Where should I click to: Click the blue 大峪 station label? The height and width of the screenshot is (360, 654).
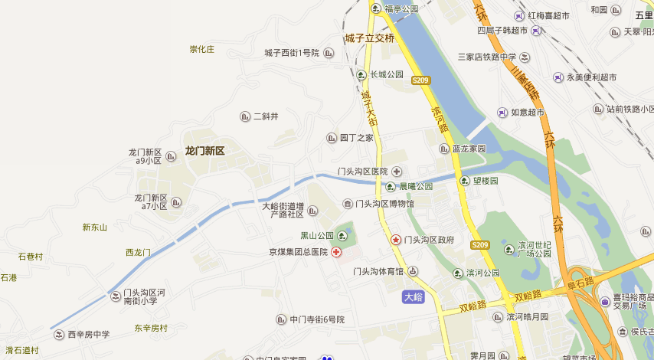coord(413,296)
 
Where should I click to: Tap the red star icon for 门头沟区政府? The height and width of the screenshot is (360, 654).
coord(396,240)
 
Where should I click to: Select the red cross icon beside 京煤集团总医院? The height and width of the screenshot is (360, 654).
coord(335,252)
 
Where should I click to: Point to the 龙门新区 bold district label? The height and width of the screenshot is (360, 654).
coord(204,151)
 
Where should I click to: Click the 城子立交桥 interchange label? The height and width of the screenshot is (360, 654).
coord(369,38)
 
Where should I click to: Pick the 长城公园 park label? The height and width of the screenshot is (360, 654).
coord(386,75)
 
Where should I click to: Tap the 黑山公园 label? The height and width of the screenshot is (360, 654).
coord(317,235)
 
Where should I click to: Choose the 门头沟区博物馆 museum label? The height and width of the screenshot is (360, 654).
coord(384,204)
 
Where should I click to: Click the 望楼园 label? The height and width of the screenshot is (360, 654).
coord(486,181)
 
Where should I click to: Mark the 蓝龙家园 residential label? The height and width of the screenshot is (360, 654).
coord(469,149)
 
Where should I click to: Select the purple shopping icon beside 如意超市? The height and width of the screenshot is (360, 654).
coord(502,112)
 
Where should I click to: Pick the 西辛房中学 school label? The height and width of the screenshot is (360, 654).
coord(89,334)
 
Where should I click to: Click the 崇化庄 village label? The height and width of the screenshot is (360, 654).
coord(202,50)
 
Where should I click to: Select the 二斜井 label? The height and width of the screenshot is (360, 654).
coord(266,116)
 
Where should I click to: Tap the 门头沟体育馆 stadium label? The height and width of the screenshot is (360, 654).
coord(378,271)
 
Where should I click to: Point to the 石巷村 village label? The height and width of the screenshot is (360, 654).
coord(31,257)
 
